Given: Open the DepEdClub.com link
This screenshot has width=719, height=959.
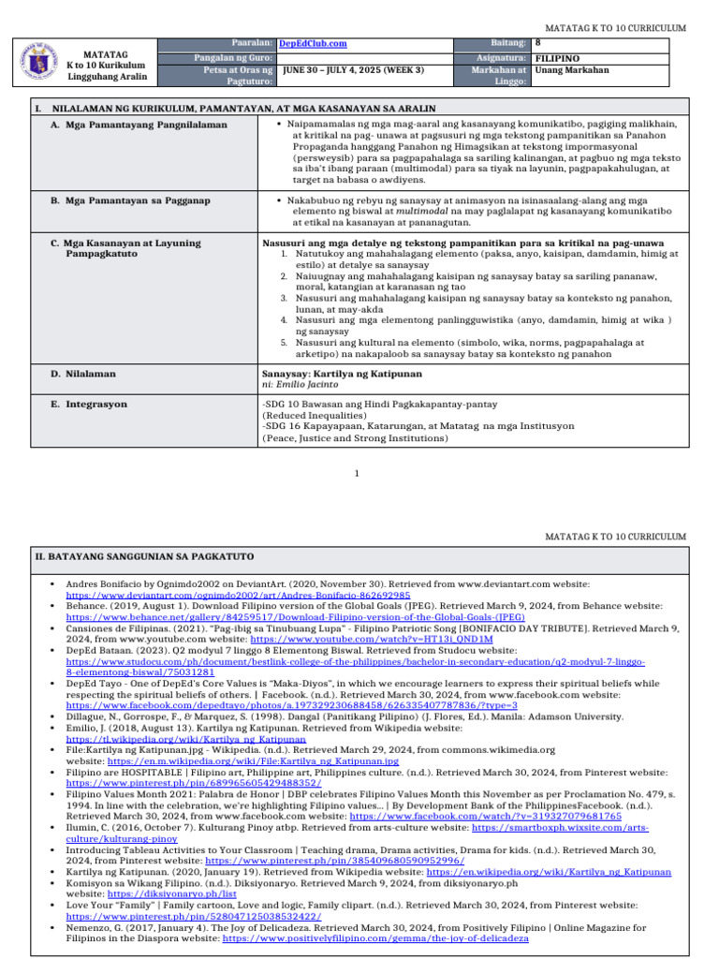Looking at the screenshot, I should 313,44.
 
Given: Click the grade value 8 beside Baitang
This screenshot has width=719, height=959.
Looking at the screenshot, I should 537,43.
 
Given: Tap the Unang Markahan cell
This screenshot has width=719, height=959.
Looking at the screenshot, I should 571,70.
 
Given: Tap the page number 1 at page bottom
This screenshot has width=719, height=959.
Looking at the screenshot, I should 359,474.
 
